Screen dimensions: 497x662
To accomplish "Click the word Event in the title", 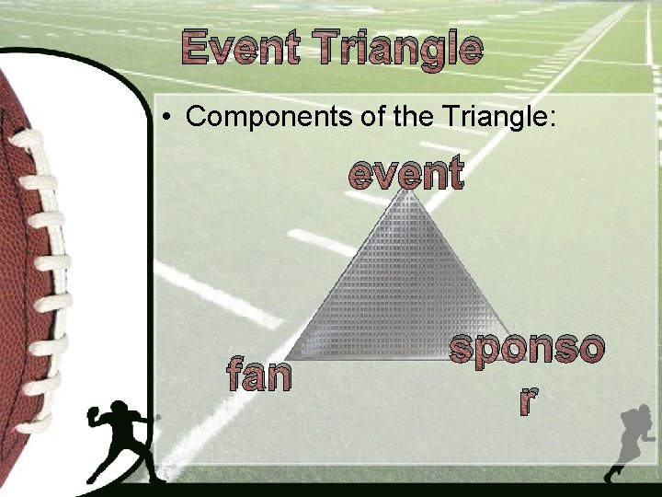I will [240, 48].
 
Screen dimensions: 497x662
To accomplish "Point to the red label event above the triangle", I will [405, 173].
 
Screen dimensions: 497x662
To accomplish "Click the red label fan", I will [259, 375].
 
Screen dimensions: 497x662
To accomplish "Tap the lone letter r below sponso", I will [527, 398].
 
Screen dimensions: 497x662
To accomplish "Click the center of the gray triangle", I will [405, 295].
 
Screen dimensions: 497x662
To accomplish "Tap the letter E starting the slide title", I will [194, 48].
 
